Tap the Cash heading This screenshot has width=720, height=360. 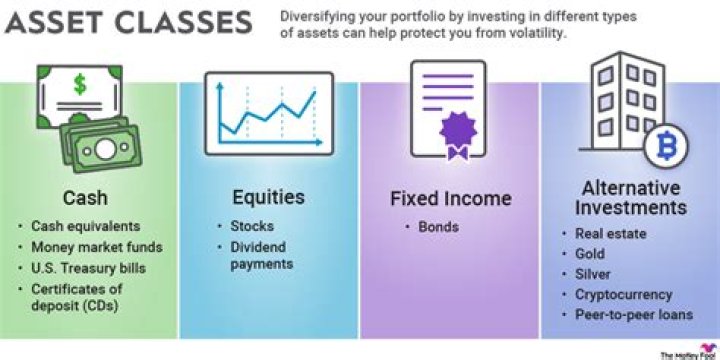tap(85, 198)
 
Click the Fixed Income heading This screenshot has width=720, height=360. tap(450, 198)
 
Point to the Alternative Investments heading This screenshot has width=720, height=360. tap(630, 197)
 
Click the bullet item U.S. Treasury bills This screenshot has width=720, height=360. tap(87, 268)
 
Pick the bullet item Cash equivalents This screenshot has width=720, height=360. tap(86, 226)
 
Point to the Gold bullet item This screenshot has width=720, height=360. tap(591, 254)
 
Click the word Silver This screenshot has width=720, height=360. tap(593, 274)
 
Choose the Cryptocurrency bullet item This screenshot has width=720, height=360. tap(624, 294)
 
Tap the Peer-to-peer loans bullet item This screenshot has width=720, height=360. tap(632, 314)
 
